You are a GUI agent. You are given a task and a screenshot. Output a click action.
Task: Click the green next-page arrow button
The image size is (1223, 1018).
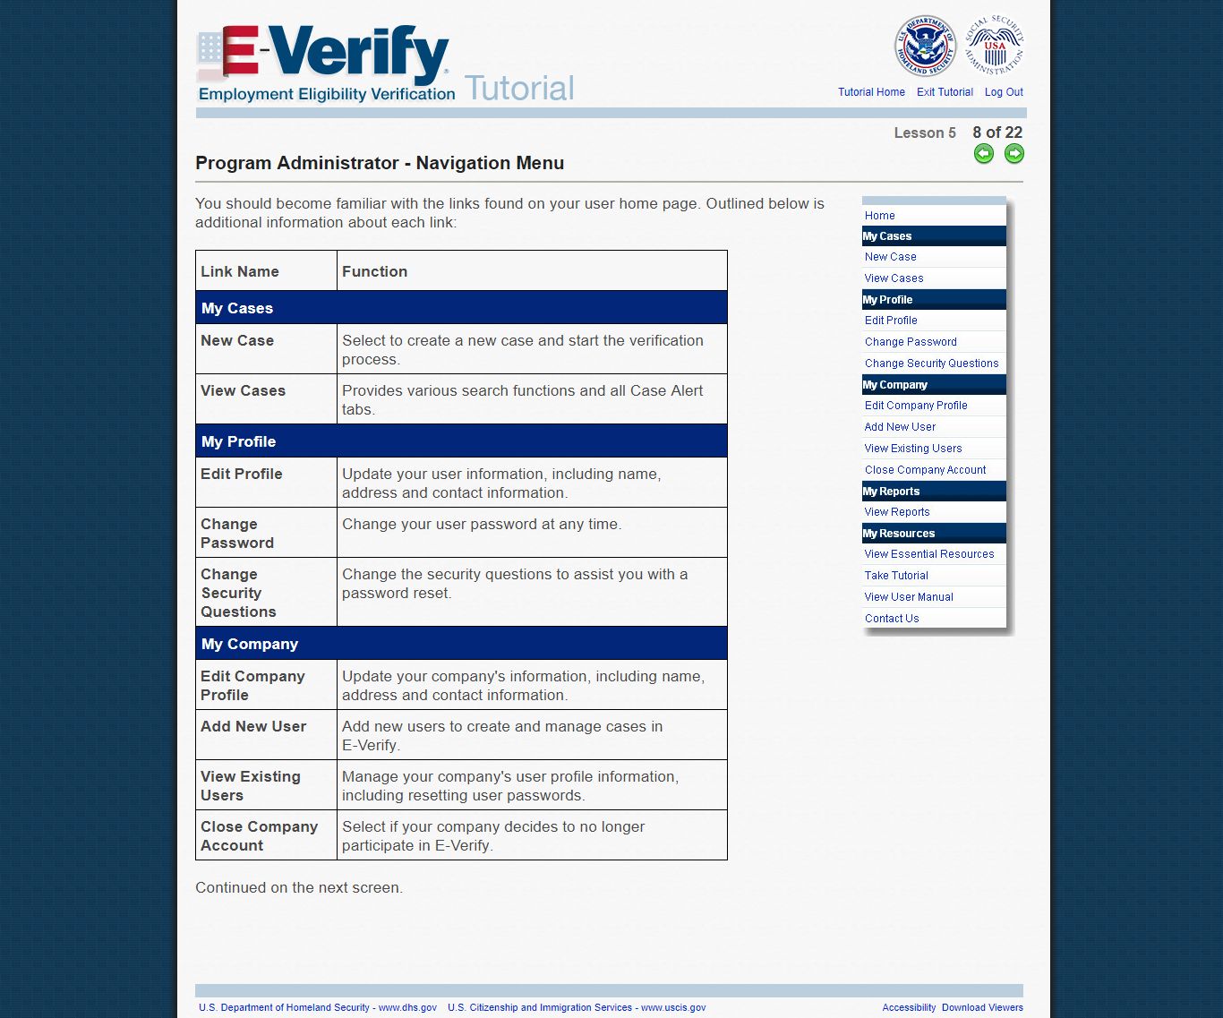(x=1013, y=154)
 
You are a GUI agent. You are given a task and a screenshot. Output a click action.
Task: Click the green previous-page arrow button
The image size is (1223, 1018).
(x=984, y=154)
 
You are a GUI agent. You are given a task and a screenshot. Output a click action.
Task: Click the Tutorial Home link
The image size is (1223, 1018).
(x=871, y=92)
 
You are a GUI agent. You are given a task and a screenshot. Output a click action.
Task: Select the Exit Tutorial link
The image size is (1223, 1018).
(x=945, y=92)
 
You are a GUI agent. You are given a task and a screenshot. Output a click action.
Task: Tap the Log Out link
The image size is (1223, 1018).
(x=1004, y=92)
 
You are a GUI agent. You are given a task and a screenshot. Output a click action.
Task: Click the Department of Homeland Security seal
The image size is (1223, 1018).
(x=925, y=47)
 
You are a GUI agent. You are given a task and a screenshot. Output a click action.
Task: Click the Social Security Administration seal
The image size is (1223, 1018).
(x=994, y=45)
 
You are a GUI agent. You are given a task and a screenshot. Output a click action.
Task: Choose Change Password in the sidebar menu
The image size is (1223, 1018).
(x=911, y=342)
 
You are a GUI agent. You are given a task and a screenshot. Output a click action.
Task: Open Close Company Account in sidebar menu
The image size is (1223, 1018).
(x=925, y=470)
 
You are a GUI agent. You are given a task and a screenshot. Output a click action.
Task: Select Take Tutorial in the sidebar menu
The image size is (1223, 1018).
(x=896, y=576)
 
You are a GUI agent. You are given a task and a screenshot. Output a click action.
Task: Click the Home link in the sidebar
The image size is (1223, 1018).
(x=879, y=216)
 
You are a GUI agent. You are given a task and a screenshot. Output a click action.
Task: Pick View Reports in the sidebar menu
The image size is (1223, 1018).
(x=897, y=512)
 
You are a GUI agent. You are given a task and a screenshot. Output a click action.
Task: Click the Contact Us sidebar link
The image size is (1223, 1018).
(x=892, y=619)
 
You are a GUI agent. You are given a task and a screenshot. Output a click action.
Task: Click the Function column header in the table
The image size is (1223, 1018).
(x=374, y=271)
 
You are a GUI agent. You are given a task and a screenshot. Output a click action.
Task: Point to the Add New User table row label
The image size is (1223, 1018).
(x=253, y=726)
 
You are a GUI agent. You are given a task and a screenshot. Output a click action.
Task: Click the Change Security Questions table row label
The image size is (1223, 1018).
(x=238, y=593)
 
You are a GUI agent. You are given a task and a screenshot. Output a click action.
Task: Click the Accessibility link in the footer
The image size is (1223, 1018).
(x=909, y=1007)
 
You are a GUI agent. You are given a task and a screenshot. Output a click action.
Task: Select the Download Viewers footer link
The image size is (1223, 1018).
(x=982, y=1007)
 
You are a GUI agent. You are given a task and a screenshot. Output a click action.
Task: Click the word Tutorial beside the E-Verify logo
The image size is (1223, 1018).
(x=519, y=88)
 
